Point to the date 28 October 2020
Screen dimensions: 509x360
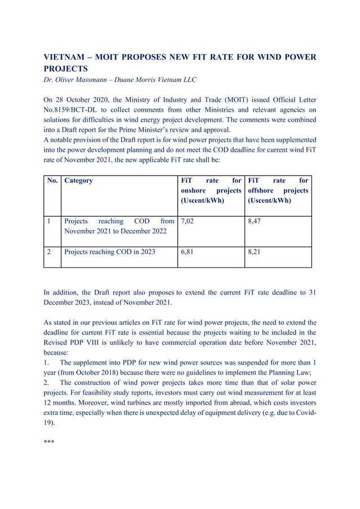coord(85,99)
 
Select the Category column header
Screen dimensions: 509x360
coord(79,181)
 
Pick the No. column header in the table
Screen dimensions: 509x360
coord(52,181)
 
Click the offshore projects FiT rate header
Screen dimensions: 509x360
coord(278,191)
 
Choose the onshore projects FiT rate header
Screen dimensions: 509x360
coord(210,191)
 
